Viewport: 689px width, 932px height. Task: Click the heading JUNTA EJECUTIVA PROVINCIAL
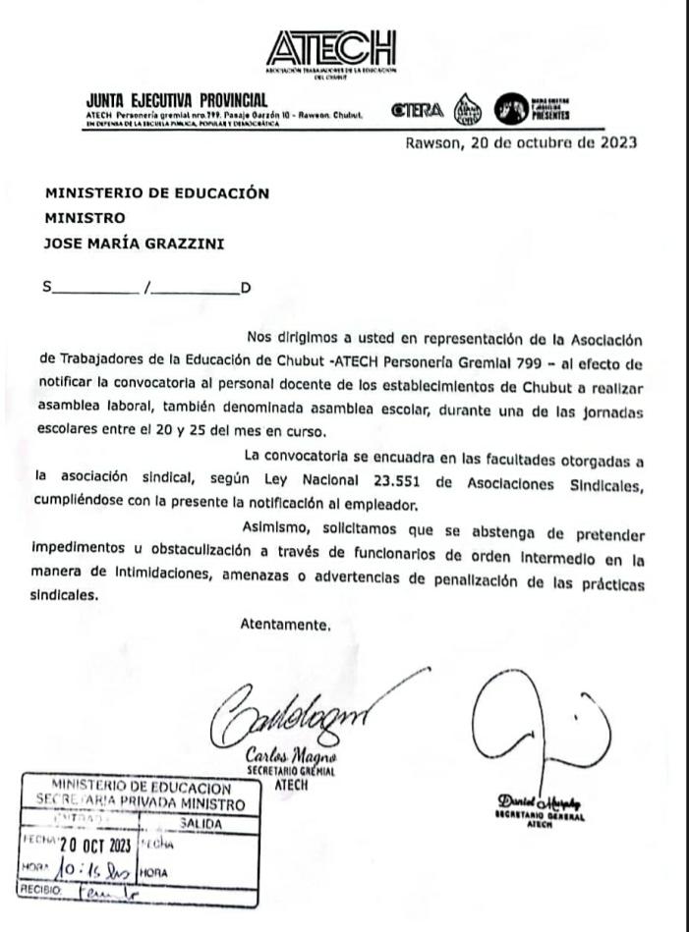(177, 100)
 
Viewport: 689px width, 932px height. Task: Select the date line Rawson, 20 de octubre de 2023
(520, 142)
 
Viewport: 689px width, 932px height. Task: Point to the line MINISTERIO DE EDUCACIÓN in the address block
(156, 193)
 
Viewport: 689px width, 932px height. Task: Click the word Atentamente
(286, 624)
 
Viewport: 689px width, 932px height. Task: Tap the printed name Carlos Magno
(292, 760)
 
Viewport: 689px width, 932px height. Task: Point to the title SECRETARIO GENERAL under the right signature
(541, 816)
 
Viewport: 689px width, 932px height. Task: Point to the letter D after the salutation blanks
(246, 288)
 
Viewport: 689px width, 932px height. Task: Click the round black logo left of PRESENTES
(511, 108)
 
